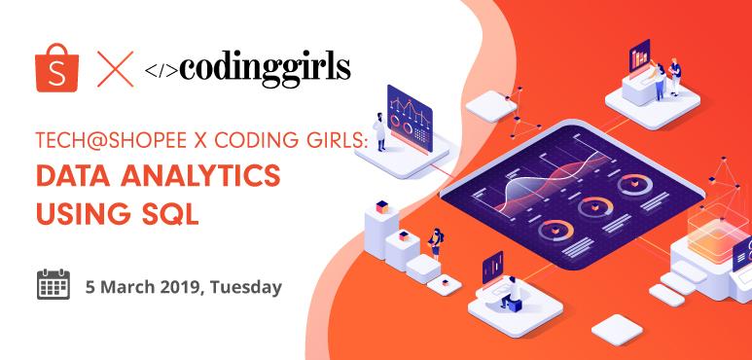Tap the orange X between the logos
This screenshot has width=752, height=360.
tap(115, 70)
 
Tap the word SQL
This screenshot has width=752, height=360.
tap(174, 211)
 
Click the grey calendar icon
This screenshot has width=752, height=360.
tap(54, 285)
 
